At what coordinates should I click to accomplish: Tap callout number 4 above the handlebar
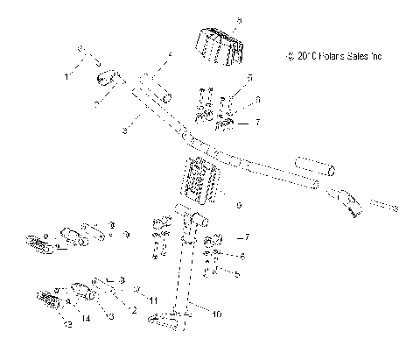(170, 56)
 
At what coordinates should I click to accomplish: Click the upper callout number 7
(257, 123)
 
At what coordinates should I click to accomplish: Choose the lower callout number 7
(248, 236)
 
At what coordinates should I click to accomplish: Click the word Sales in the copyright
(362, 57)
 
